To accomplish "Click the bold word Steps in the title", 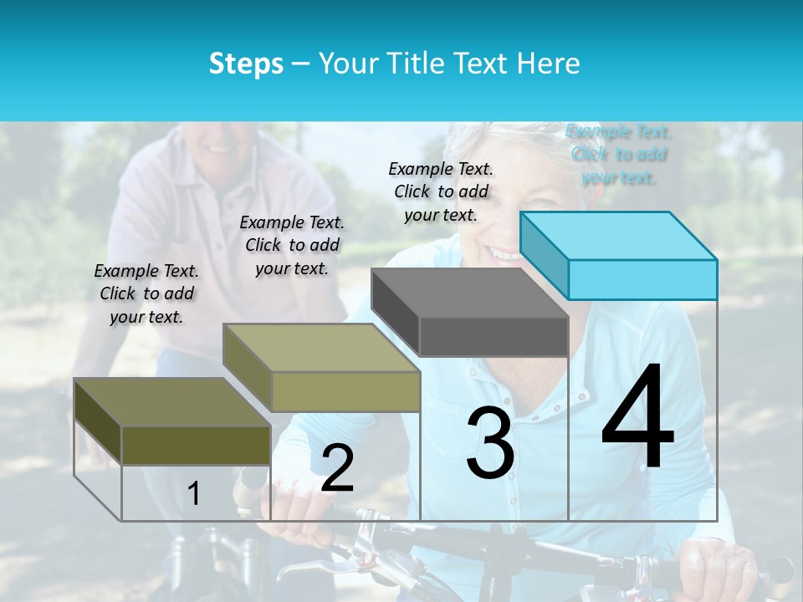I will point(246,64).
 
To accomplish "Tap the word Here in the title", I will point(548,64).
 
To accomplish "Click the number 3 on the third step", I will point(490,443).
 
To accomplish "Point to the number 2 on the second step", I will point(337,468).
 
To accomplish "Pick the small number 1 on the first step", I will point(194,494).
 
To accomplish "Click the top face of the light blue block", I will point(619,235).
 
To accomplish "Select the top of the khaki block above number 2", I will point(322,348).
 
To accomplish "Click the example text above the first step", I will point(146,293).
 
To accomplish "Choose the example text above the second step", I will point(292,245).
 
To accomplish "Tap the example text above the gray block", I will point(441,191).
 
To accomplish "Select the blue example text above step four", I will point(618,154).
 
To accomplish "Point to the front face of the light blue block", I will point(642,279).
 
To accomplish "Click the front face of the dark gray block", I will point(494,337).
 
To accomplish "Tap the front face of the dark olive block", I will point(196,445).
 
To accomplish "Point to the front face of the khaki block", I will point(345,391).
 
